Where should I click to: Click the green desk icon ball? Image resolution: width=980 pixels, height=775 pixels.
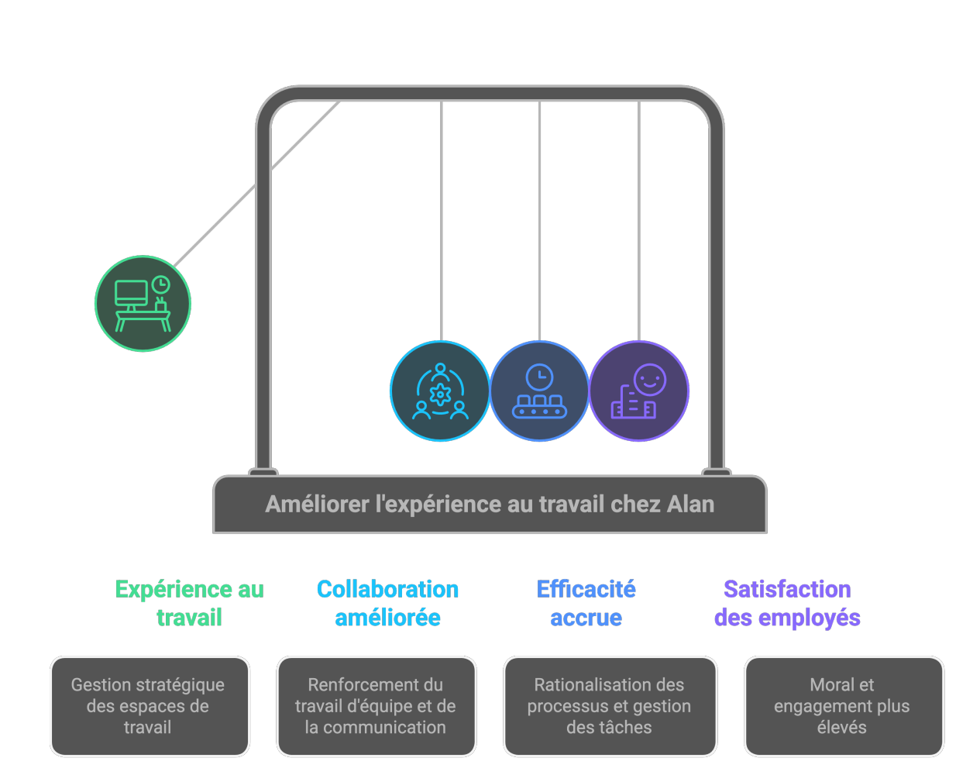pos(143,304)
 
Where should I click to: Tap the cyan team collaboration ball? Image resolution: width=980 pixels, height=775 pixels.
pos(440,391)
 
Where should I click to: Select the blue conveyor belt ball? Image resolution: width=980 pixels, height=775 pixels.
pos(540,391)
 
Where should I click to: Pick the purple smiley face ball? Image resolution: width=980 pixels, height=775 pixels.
pos(639,391)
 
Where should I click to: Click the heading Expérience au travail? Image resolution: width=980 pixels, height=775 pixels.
pos(189,603)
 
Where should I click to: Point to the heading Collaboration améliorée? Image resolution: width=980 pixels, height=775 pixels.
pos(387,603)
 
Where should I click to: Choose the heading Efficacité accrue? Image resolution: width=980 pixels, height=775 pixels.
pos(586,603)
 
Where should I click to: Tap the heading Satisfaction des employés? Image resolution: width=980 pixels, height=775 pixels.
pos(787,603)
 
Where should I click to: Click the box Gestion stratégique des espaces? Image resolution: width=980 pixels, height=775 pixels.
pos(150,706)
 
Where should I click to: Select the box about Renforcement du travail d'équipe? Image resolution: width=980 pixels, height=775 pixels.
pos(376,706)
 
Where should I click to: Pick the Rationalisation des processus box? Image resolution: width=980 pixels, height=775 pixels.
pos(610,706)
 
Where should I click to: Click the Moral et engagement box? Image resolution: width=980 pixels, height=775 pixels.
pos(843,706)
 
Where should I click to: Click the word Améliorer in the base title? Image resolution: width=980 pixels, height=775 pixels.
pos(318,505)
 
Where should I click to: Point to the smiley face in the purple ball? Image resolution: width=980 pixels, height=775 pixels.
pos(649,380)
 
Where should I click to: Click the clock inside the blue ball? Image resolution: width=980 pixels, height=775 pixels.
pos(540,377)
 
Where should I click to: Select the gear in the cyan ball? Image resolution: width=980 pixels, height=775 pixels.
pos(440,394)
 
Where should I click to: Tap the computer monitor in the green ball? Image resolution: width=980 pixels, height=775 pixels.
pos(131,293)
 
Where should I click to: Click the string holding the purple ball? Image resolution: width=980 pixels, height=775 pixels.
pos(639,225)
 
